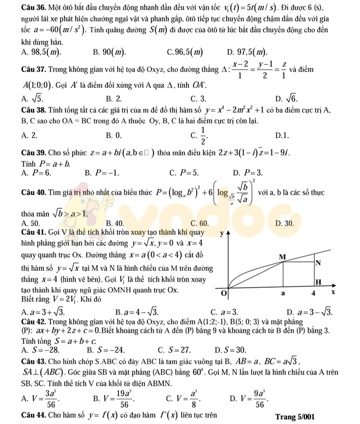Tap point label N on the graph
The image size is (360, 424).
coord(318,263)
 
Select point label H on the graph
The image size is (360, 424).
coord(318,282)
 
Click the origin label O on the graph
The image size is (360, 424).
coord(224,294)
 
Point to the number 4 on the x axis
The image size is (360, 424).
coord(314,293)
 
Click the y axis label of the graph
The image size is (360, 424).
coord(222,232)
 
